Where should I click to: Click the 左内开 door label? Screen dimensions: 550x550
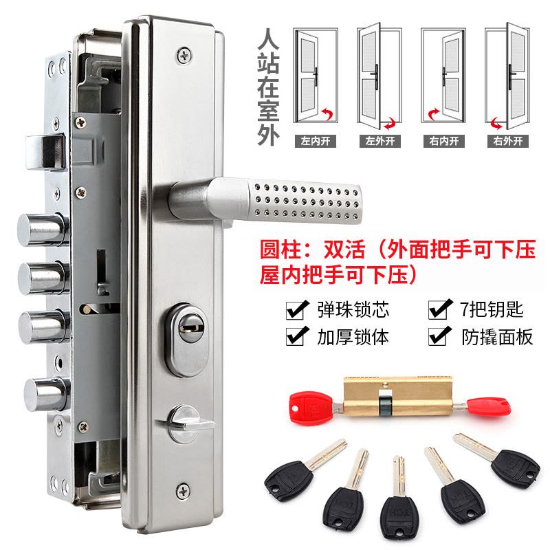pos(316,141)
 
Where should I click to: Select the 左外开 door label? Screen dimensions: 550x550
pos(380,141)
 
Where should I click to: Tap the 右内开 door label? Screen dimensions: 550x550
pos(444,141)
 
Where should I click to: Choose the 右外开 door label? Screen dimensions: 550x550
pos(508,141)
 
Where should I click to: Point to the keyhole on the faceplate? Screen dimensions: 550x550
pos(190,328)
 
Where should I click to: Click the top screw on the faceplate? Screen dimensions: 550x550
pos(184,56)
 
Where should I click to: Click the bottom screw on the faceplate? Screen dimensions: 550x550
pos(183,492)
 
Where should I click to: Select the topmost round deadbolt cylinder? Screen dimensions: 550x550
pos(43,229)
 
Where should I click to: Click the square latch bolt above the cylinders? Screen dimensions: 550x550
pos(45,153)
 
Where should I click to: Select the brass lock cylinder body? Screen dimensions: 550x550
pos(398,397)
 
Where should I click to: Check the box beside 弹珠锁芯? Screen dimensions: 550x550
pos(295,311)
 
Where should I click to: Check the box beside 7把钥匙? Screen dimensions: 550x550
pos(438,311)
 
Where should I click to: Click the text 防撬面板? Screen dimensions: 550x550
pos(496,337)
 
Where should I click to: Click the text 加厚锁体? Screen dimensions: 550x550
pos(353,337)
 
